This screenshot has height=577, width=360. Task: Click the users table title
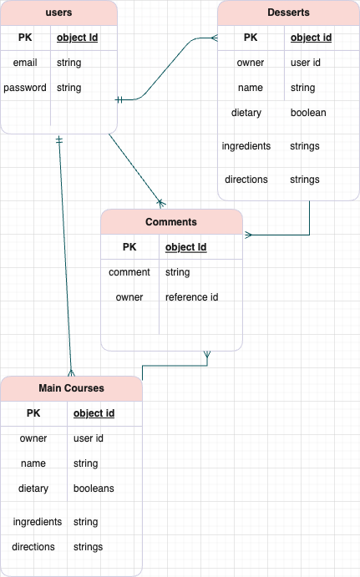pos(58,13)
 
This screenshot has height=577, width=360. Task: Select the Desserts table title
pos(288,13)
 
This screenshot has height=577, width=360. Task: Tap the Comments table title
pos(171,222)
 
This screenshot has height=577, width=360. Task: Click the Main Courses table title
pos(71,388)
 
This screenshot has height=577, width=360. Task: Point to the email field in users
pos(25,63)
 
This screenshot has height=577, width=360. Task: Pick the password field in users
pos(25,88)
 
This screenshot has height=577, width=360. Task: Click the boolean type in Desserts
pos(308,113)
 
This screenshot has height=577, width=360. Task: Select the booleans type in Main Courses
pos(94,488)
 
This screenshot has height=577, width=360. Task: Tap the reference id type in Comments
pos(191,297)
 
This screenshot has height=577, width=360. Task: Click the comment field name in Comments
pos(129,272)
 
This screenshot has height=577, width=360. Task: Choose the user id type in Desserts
pos(307,63)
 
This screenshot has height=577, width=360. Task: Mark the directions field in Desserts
pos(246,180)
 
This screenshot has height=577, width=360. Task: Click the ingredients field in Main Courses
pos(38,522)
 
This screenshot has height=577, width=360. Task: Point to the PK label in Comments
pos(129,247)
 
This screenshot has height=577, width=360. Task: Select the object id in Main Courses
pos(94,413)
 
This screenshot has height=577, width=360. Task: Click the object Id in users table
pos(76,38)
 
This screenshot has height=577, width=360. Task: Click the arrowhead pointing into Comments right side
pos(248,235)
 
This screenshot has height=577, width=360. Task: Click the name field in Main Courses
pos(33,463)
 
